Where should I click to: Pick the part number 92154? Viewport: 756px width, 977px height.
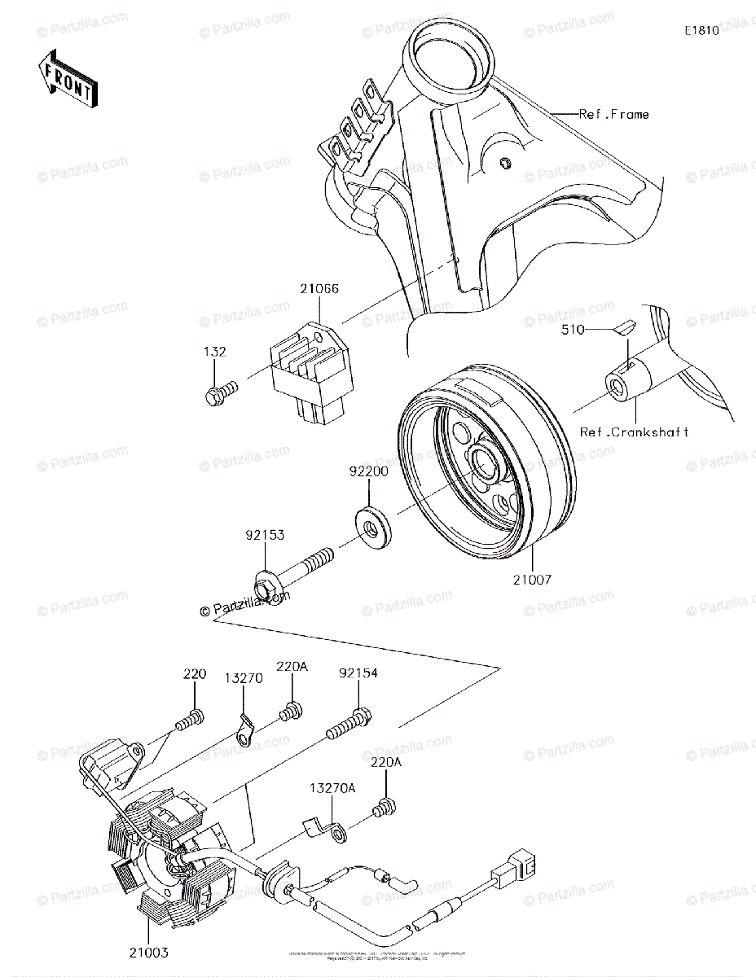358,673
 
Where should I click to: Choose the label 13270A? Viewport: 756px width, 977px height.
331,788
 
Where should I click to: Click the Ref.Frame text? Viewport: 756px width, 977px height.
613,115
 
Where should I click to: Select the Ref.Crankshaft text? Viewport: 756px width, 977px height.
634,432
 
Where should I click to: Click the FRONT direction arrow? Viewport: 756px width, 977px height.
68,78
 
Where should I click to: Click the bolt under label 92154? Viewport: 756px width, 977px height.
348,727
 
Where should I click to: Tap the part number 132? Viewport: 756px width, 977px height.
215,352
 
